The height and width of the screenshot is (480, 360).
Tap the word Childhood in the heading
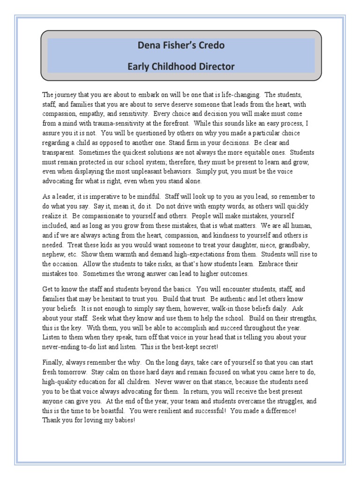[x=176, y=67]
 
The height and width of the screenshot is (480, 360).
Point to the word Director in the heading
[x=217, y=67]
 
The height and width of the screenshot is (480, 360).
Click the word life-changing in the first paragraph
[x=239, y=94]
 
